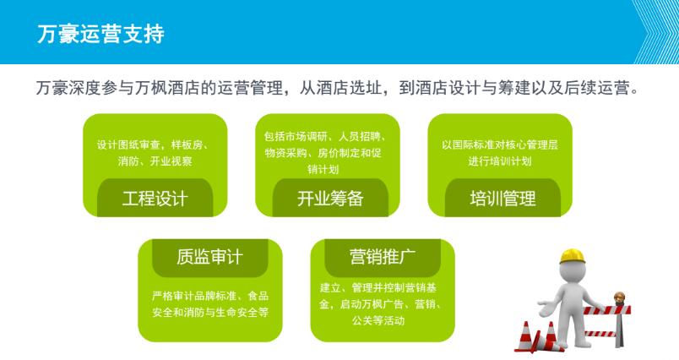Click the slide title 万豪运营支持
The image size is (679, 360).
pyautogui.click(x=100, y=35)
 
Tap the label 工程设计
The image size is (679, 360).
pyautogui.click(x=155, y=199)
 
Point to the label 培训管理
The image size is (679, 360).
pyautogui.click(x=502, y=199)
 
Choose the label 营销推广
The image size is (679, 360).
pyautogui.click(x=382, y=257)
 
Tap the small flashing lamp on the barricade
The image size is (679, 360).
pyautogui.click(x=619, y=298)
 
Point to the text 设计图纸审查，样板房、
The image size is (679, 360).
pyautogui.click(x=155, y=145)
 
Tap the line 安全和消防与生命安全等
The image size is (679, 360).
pyautogui.click(x=209, y=312)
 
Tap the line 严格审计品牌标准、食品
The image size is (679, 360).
pyautogui.click(x=209, y=295)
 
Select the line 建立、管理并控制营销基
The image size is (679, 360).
pyautogui.click(x=383, y=286)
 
